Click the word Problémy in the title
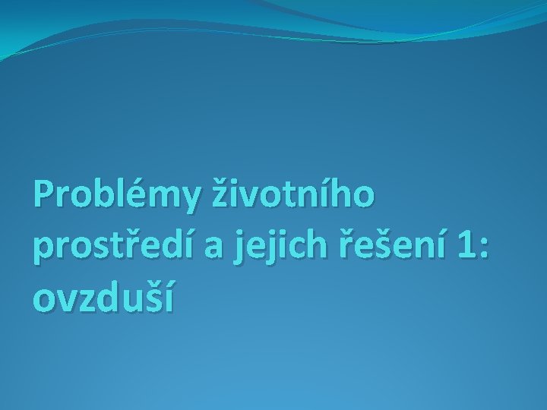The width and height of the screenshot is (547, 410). [x=113, y=197]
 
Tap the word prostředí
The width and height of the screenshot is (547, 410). [x=115, y=248]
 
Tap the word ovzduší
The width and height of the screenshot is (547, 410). [x=103, y=298]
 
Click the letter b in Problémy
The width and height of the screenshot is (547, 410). [x=97, y=197]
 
